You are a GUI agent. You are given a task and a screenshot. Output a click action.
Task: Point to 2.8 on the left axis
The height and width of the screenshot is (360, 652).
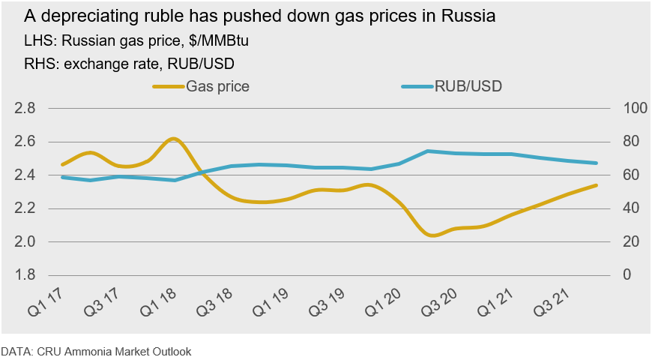coord(25,108)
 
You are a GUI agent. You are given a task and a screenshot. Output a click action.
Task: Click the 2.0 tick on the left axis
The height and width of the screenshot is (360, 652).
coord(25,241)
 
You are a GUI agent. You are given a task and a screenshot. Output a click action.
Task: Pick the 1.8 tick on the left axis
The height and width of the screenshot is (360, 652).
coord(25,274)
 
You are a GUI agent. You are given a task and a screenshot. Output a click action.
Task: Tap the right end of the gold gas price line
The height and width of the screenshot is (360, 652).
coord(597,185)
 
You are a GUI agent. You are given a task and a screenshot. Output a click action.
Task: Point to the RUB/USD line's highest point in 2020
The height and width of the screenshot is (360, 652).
coord(428,151)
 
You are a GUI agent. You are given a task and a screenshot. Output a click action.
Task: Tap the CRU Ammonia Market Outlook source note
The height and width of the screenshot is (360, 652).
coord(96,350)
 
